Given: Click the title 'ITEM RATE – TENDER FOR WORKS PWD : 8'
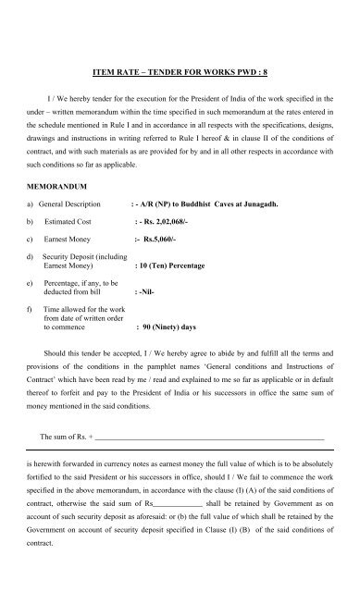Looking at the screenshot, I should (x=180, y=68).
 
